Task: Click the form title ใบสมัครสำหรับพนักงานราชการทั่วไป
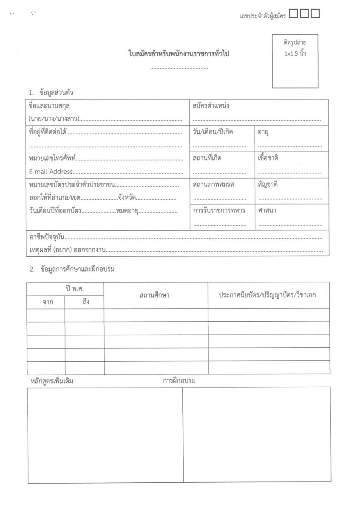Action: pos(179,54)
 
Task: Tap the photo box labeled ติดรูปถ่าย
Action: pos(295,61)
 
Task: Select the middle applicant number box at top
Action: pos(304,14)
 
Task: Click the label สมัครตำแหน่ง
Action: pos(210,106)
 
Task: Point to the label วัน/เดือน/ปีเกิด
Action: pos(213,132)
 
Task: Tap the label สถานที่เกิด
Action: pos(207,158)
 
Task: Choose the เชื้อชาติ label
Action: pos(268,158)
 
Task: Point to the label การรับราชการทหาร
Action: pos(219,210)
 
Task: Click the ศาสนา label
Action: pos(267,210)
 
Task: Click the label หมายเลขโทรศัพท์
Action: pos(52,159)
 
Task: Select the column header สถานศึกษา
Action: pos(154,295)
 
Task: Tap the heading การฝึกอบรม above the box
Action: pos(179,380)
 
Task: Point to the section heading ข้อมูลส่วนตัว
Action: pos(56,93)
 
